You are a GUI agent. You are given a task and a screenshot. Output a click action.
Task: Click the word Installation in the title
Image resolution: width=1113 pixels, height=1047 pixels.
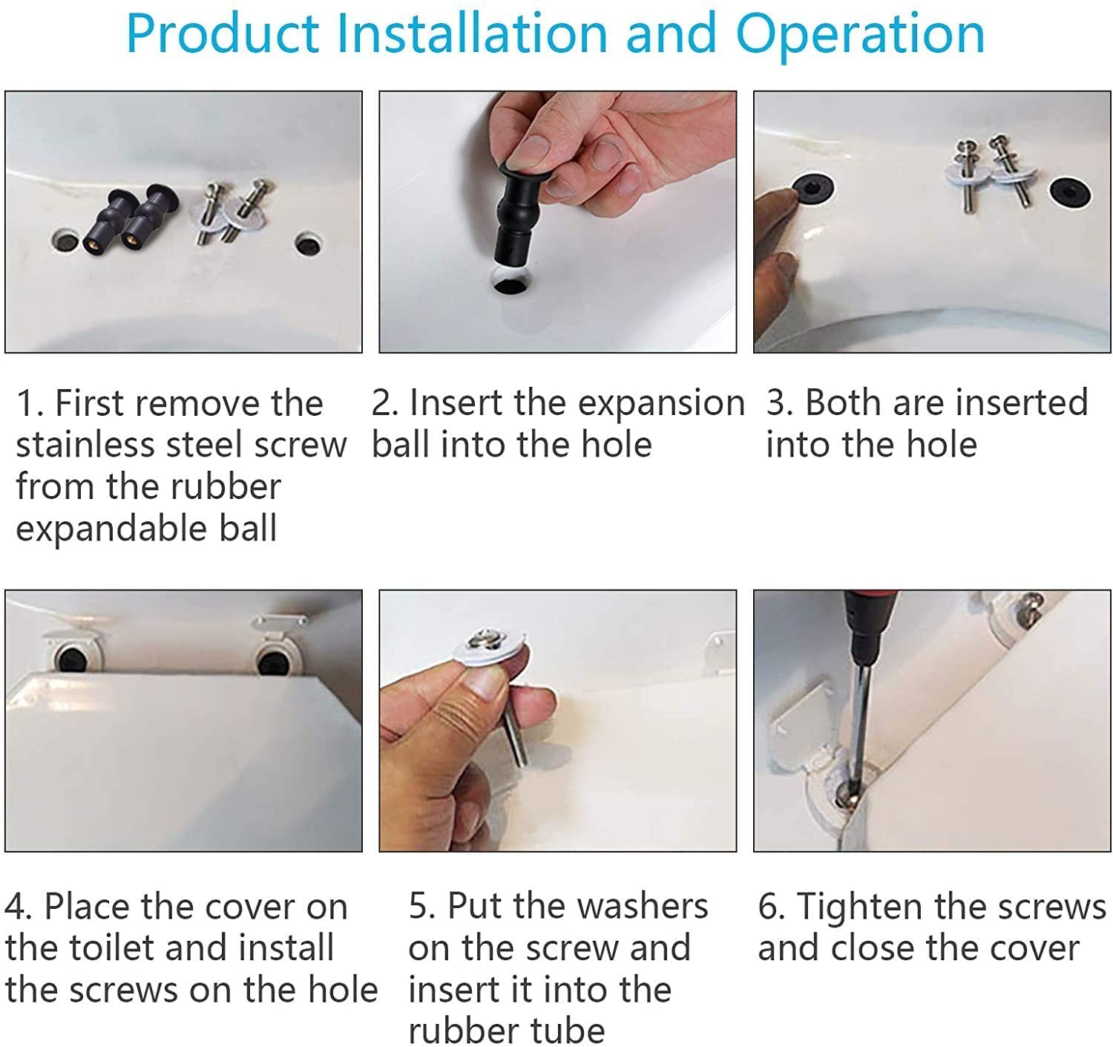point(472,33)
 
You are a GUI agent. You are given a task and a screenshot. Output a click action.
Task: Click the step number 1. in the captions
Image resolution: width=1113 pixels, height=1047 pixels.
point(30,403)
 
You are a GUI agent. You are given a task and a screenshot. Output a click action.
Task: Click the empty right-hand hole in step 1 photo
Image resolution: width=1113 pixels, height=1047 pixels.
point(308,244)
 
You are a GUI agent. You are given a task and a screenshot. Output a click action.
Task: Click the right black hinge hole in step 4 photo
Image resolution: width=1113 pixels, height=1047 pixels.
point(273,663)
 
